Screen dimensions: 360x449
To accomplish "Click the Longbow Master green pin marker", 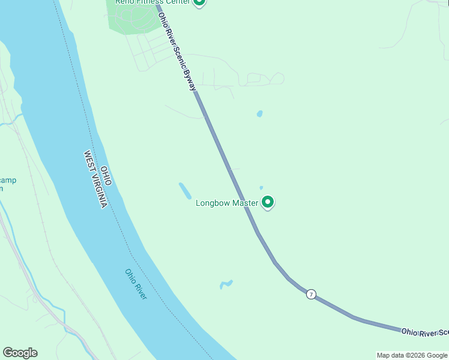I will point(268,203).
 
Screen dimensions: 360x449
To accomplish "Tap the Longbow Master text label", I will point(227,203).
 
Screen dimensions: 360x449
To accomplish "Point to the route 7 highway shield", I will point(310,294).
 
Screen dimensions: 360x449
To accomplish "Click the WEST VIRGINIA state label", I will point(95,179).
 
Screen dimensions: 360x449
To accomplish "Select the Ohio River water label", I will point(136,284).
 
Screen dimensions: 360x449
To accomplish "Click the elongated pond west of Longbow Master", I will point(185,191).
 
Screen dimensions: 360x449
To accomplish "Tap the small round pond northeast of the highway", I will point(259,113).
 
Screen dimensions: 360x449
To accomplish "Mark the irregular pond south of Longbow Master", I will point(226,284).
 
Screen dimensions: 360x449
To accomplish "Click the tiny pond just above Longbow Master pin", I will point(261,188).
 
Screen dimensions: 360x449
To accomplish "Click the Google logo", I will point(20,353).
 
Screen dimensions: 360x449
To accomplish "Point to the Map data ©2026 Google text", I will point(412,355).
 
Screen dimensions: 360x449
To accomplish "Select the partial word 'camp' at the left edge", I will point(8,180).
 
